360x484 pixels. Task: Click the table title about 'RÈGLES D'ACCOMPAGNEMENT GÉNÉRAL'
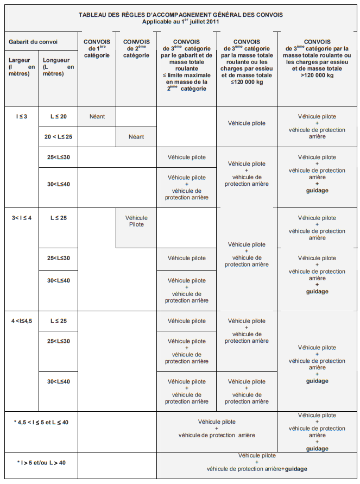180,15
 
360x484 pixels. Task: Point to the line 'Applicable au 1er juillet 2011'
180,22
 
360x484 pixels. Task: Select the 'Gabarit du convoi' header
33,42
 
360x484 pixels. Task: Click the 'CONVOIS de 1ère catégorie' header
97,48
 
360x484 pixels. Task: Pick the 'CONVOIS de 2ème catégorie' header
136,48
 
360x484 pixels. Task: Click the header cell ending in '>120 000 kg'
317,59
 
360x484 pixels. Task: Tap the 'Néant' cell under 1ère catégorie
97,116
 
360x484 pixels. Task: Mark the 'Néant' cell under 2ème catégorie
136,136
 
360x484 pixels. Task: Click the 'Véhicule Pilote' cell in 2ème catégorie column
136,221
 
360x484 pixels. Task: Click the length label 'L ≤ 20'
59,116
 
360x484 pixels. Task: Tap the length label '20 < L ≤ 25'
59,136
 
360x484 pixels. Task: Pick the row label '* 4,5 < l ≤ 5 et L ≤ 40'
41,422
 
